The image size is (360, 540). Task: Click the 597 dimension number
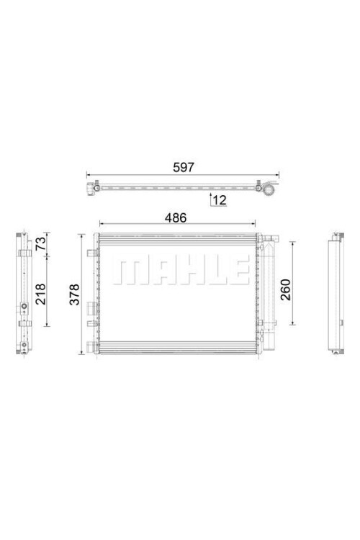pyautogui.click(x=184, y=167)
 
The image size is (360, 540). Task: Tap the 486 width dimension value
pyautogui.click(x=176, y=217)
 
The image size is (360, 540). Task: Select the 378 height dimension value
pyautogui.click(x=74, y=294)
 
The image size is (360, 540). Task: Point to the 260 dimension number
pyautogui.click(x=286, y=289)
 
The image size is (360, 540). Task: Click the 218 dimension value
pyautogui.click(x=40, y=294)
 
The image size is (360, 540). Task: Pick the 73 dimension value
pyautogui.click(x=40, y=243)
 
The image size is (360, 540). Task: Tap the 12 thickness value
pyautogui.click(x=220, y=200)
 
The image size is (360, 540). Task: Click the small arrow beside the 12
pyautogui.click(x=210, y=199)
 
